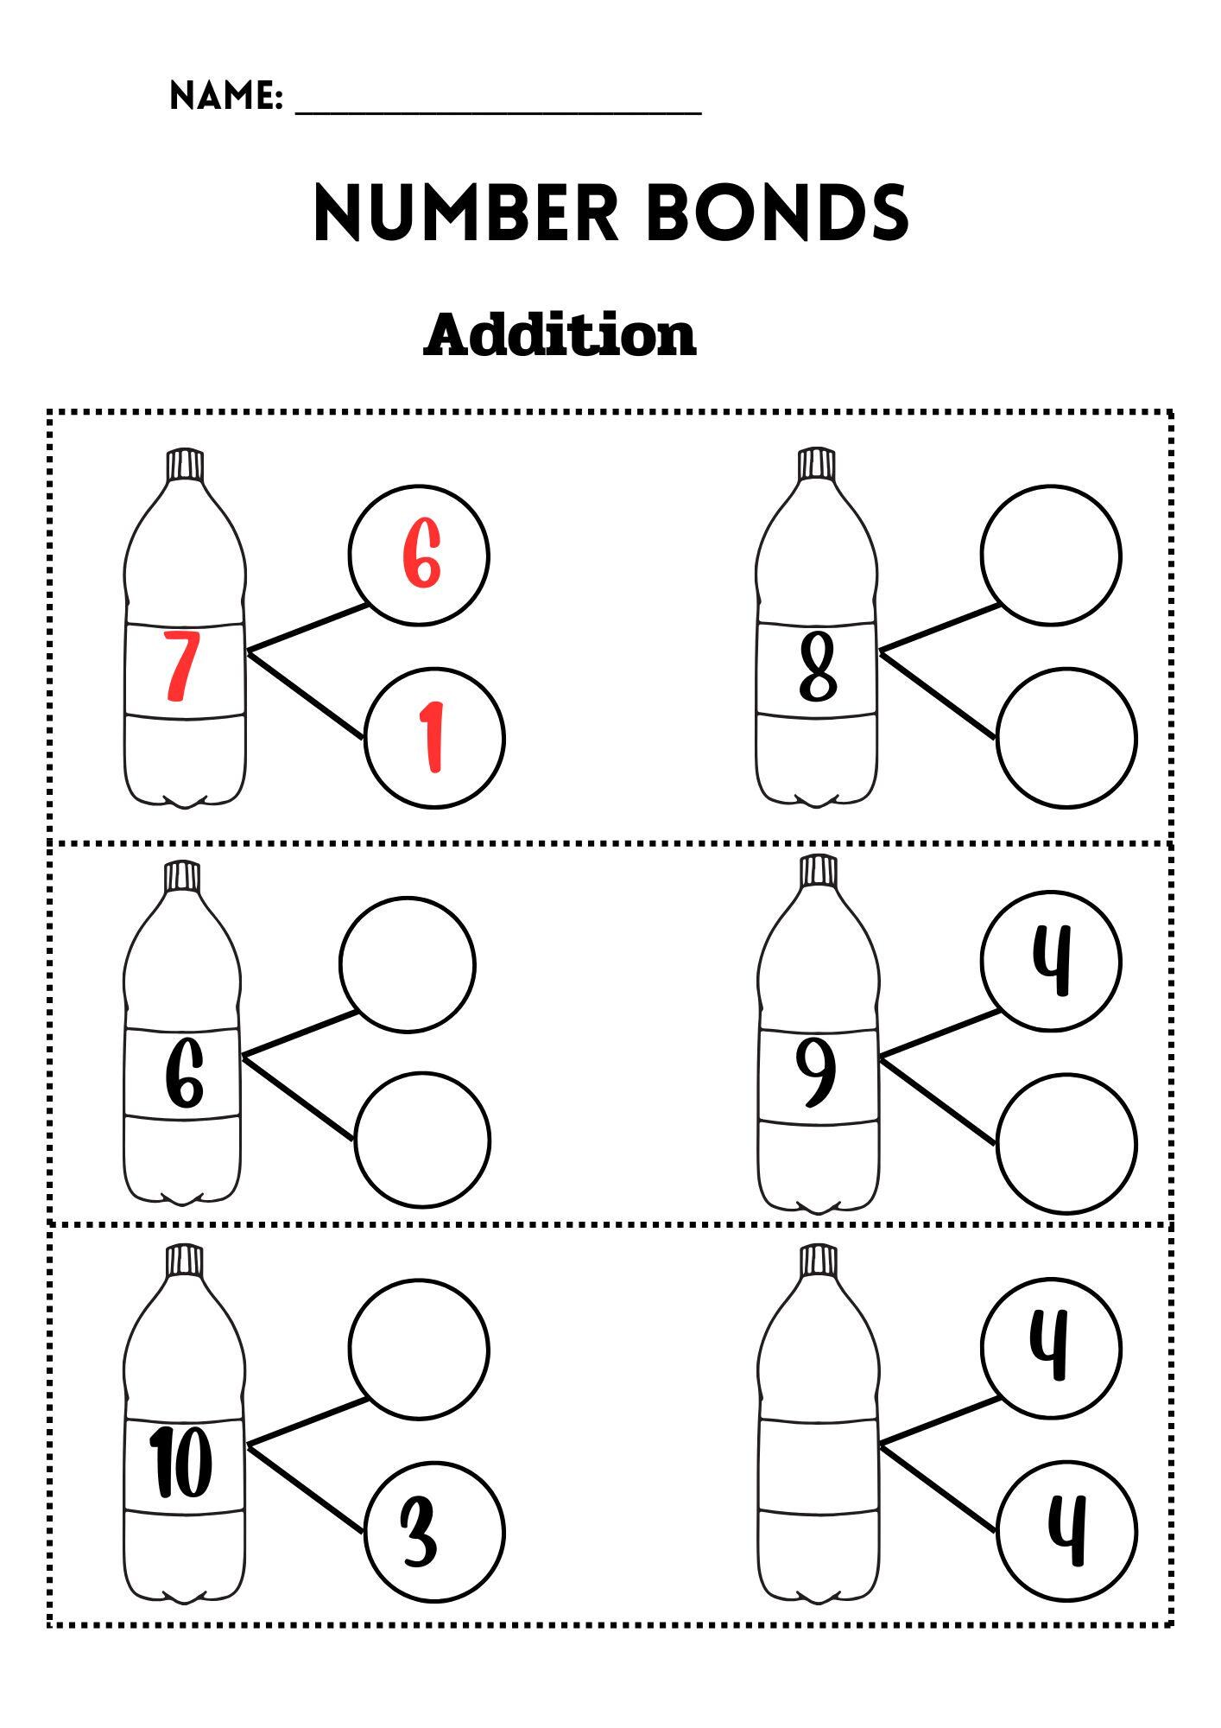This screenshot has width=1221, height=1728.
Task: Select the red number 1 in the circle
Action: point(433,737)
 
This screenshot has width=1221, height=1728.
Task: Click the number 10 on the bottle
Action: point(182,1462)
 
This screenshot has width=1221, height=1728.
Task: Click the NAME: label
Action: point(226,96)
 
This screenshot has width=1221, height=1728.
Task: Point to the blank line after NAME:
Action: point(498,111)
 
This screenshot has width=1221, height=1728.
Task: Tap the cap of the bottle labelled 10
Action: point(184,1259)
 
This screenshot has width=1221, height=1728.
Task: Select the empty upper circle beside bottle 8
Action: point(1051,555)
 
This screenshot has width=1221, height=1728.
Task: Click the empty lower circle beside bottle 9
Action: point(1066,1143)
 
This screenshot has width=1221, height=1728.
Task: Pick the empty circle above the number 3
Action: point(419,1348)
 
